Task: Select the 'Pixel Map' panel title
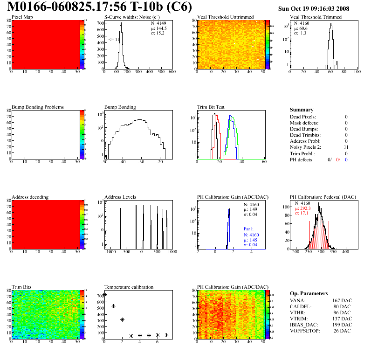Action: point(22,17)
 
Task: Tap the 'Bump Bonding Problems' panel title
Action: point(38,107)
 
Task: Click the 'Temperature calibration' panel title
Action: point(129,287)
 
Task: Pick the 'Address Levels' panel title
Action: point(120,197)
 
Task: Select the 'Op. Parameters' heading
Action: point(309,293)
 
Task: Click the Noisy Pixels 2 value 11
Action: point(345,147)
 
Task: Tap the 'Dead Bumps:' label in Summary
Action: point(303,129)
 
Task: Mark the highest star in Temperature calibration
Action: point(105,294)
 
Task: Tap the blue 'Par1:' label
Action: point(248,229)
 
